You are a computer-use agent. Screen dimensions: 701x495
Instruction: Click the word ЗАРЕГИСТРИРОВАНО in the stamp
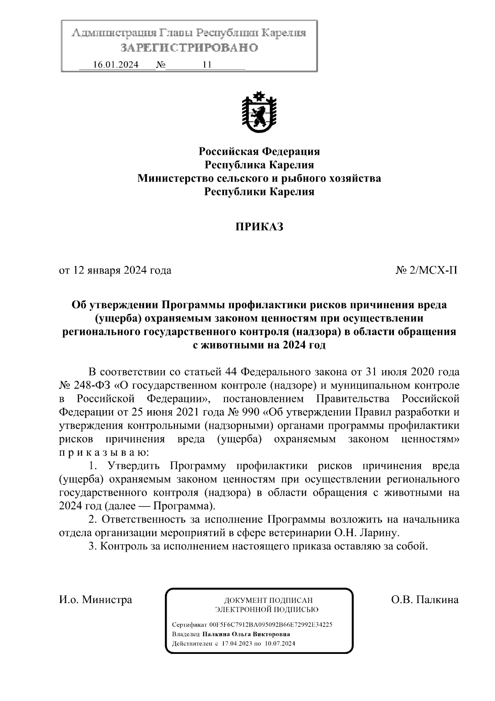click(x=189, y=48)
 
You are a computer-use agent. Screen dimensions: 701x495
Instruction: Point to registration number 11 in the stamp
click(x=207, y=65)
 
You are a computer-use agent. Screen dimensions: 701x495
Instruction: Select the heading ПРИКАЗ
click(x=259, y=227)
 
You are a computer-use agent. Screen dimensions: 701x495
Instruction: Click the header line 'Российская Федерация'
click(x=259, y=151)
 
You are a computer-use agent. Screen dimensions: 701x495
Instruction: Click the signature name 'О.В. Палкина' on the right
click(x=424, y=599)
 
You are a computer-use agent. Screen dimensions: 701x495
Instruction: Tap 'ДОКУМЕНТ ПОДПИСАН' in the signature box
click(x=268, y=600)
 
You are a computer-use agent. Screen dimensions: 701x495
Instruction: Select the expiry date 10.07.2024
click(x=281, y=644)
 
